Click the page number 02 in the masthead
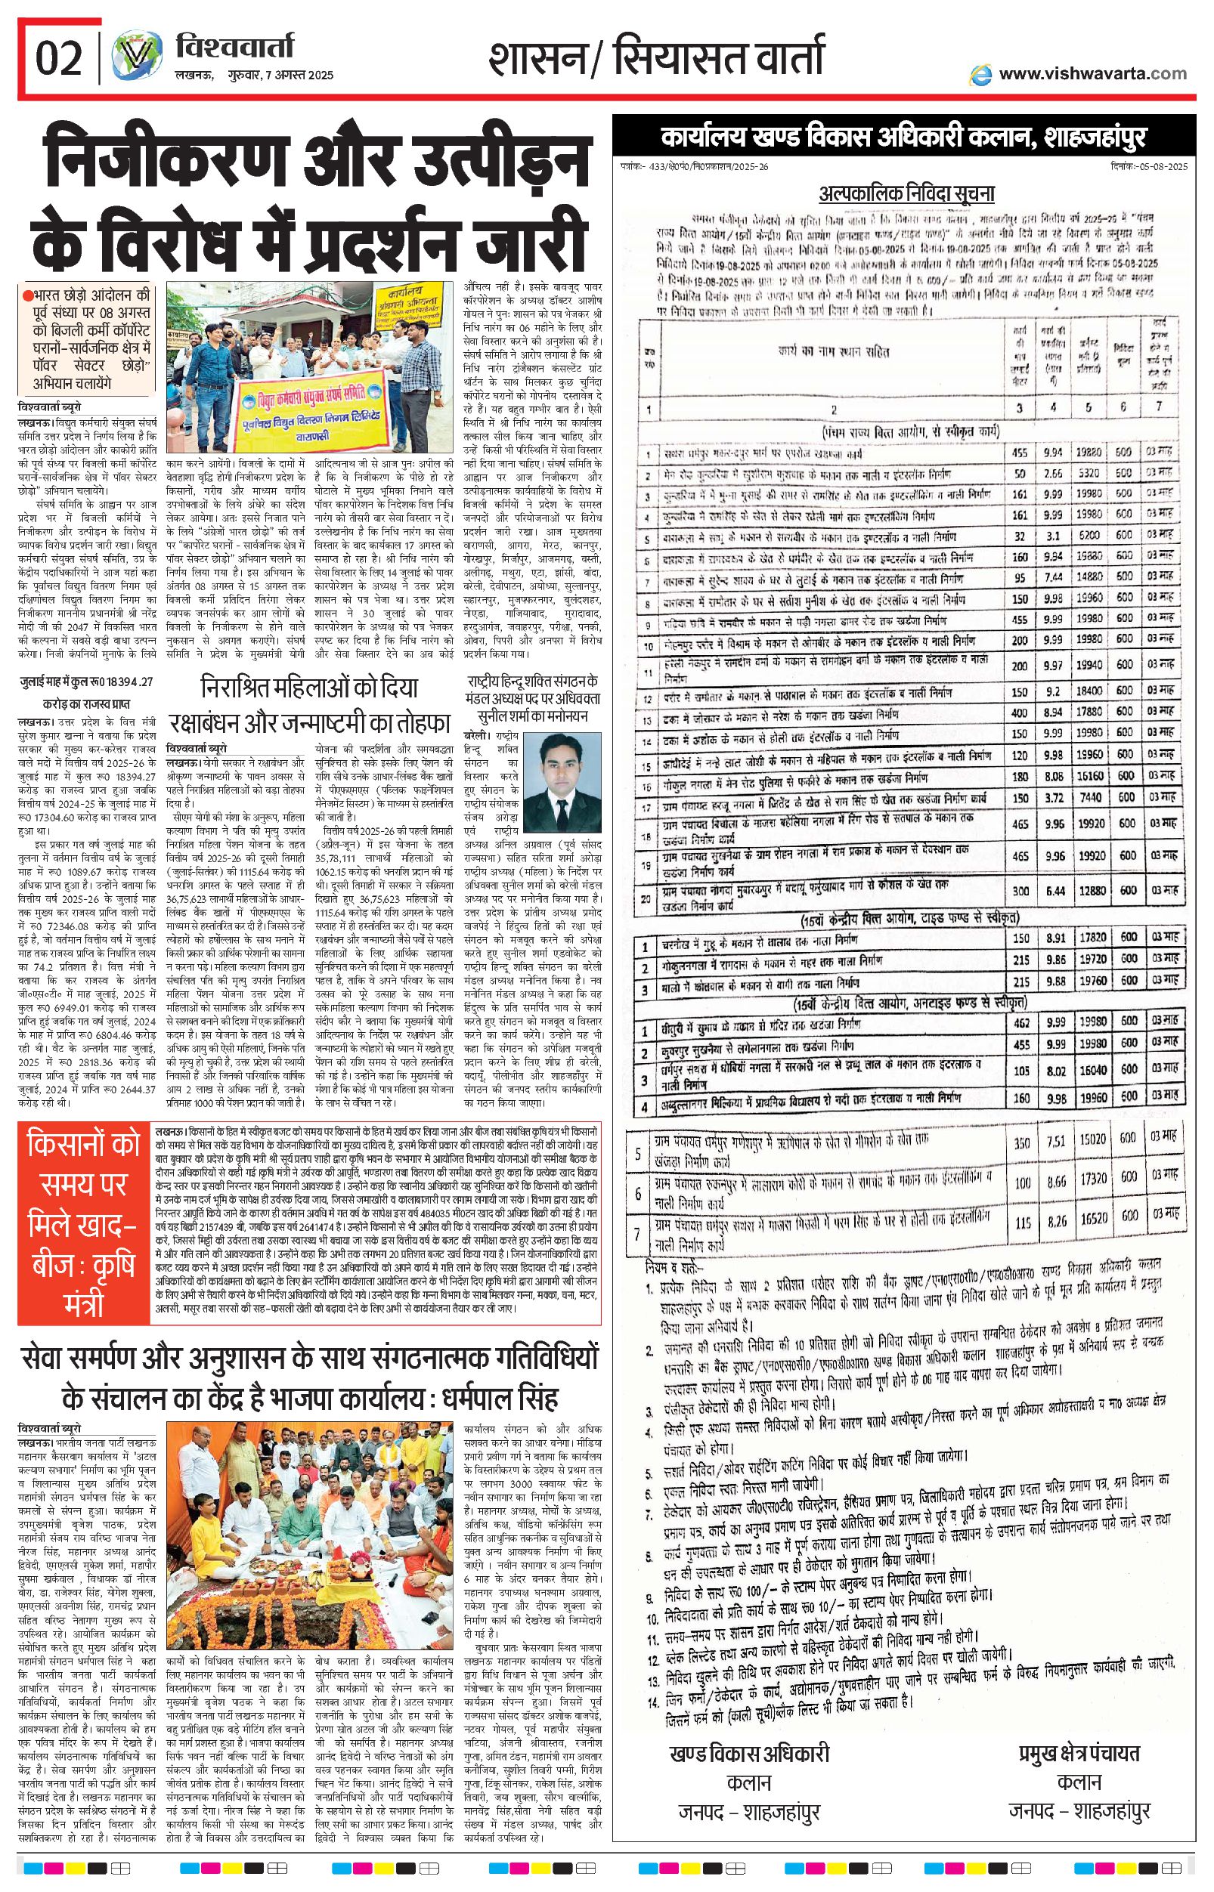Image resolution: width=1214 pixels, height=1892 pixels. click(59, 59)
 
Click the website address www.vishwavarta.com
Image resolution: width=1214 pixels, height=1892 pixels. click(1092, 73)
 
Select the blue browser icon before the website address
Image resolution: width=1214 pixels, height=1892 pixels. click(980, 74)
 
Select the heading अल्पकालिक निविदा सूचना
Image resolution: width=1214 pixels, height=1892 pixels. click(906, 193)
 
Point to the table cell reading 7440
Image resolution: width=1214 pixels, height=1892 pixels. click(1090, 796)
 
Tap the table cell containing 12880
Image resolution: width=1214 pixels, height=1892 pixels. click(1090, 889)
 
